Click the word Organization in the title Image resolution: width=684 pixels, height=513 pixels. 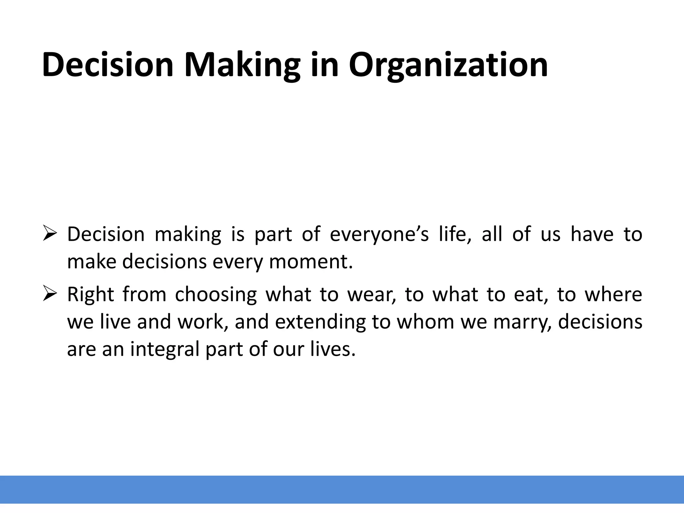tap(448, 65)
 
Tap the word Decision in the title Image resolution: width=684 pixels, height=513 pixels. tap(108, 65)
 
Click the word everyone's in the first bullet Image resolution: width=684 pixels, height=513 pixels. tap(379, 234)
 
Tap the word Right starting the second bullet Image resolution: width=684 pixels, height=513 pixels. tap(91, 295)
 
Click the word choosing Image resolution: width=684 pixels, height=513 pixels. tap(216, 295)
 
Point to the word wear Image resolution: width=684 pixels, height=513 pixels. tap(371, 295)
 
